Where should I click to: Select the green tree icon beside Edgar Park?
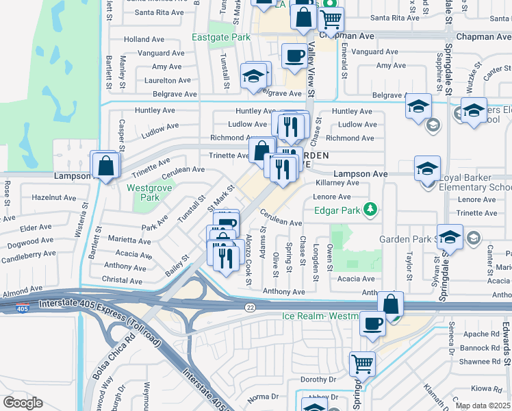(x=370, y=208)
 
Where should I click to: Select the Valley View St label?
(x=311, y=68)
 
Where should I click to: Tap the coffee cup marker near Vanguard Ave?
(x=294, y=55)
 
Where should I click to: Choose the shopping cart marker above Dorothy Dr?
(x=362, y=364)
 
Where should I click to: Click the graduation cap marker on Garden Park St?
(x=450, y=237)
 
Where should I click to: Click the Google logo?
(x=23, y=403)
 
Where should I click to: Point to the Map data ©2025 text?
(x=482, y=406)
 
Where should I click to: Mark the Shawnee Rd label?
(x=481, y=362)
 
